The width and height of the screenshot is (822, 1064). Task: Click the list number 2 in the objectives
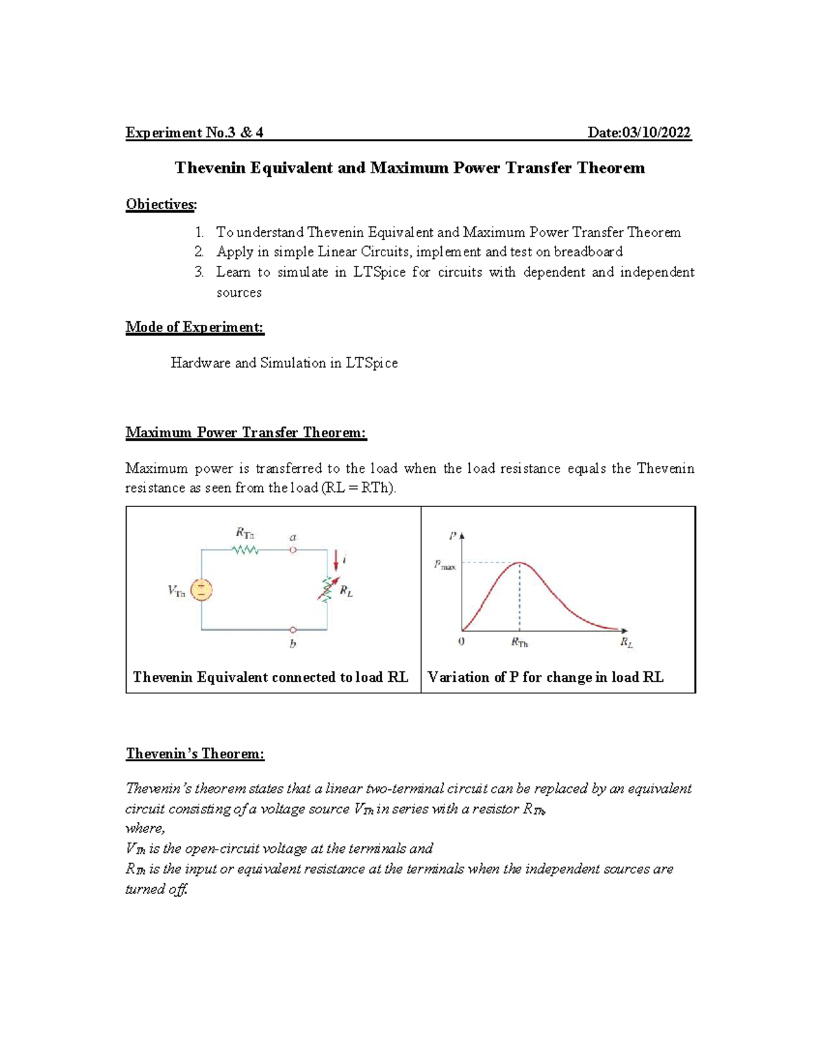coord(199,251)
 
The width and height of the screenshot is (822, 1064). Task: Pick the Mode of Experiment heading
coord(195,327)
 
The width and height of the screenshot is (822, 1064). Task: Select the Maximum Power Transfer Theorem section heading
coord(246,432)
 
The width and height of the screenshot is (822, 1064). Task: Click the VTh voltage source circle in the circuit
coord(201,590)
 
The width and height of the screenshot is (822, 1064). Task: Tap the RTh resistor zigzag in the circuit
coord(245,549)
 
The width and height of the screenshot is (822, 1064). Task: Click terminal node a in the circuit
coord(293,549)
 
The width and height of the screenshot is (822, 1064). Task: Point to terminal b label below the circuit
coord(293,644)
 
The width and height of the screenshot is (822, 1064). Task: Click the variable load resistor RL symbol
coord(327,589)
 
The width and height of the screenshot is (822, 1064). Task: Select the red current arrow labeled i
coord(336,561)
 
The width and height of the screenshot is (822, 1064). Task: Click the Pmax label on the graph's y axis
coord(445,565)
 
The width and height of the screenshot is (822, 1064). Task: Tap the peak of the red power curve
coord(520,563)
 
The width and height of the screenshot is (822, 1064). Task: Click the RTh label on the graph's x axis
coord(519,643)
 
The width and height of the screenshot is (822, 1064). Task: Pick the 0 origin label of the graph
coord(461,642)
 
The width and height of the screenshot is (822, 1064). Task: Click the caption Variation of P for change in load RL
coord(545,677)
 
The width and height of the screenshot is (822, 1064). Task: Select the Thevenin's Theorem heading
coord(195,754)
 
